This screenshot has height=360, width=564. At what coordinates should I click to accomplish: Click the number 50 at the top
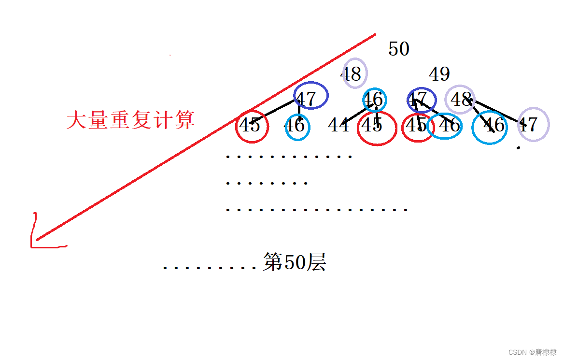tap(399, 49)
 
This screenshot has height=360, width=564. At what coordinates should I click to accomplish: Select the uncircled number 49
tap(439, 74)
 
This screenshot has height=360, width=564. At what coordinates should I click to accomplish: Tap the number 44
tap(338, 125)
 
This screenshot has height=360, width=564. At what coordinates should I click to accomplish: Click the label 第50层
tap(295, 262)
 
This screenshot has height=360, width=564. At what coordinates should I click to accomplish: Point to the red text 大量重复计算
tap(130, 120)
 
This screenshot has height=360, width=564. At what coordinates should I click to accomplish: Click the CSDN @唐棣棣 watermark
tap(532, 352)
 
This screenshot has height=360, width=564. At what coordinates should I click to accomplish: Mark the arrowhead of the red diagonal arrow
tap(36, 240)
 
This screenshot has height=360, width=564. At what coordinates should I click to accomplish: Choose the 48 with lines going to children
tap(461, 100)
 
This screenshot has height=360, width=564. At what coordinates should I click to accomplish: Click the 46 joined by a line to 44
tap(373, 100)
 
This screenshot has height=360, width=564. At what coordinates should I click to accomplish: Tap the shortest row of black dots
tap(267, 183)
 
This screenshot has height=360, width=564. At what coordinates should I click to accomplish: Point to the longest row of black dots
tap(317, 210)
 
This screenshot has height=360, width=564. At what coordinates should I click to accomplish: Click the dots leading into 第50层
tap(210, 267)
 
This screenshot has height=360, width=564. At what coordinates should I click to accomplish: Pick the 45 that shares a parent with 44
tap(372, 125)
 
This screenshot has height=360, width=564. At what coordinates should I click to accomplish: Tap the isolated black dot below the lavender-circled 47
tap(518, 147)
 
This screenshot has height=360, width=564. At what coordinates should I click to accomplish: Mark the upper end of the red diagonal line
tap(374, 35)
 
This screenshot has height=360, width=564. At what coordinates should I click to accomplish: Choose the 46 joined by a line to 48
tap(493, 125)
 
